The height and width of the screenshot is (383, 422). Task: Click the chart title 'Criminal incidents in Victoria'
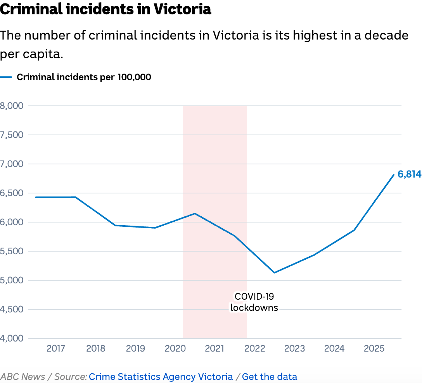pyautogui.click(x=105, y=9)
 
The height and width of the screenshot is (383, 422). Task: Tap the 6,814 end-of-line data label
pyautogui.click(x=409, y=174)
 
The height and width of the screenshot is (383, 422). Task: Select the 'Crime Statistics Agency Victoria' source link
pyautogui.click(x=161, y=376)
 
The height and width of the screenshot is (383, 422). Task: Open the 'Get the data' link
pyautogui.click(x=270, y=376)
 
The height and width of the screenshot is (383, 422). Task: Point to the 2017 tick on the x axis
pyautogui.click(x=56, y=348)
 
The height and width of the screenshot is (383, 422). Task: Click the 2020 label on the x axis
pyautogui.click(x=175, y=348)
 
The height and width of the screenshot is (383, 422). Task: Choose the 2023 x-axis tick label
pyautogui.click(x=294, y=348)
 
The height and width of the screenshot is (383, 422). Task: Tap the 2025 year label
pyautogui.click(x=374, y=348)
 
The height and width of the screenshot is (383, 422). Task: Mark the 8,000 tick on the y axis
pyautogui.click(x=12, y=106)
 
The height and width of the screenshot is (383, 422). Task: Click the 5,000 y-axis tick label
pyautogui.click(x=12, y=280)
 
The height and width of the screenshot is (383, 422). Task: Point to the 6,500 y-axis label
pyautogui.click(x=12, y=193)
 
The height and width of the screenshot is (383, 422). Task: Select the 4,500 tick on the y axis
pyautogui.click(x=12, y=309)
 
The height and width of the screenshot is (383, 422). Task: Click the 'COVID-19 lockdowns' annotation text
pyautogui.click(x=254, y=302)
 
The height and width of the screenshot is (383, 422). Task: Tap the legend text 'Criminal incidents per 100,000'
pyautogui.click(x=84, y=77)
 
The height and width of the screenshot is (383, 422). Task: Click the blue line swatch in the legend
pyautogui.click(x=6, y=77)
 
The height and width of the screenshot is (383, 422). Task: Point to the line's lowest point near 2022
pyautogui.click(x=274, y=273)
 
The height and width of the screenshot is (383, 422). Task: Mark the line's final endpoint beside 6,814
pyautogui.click(x=394, y=175)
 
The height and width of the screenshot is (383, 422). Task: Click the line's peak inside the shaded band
pyautogui.click(x=195, y=213)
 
